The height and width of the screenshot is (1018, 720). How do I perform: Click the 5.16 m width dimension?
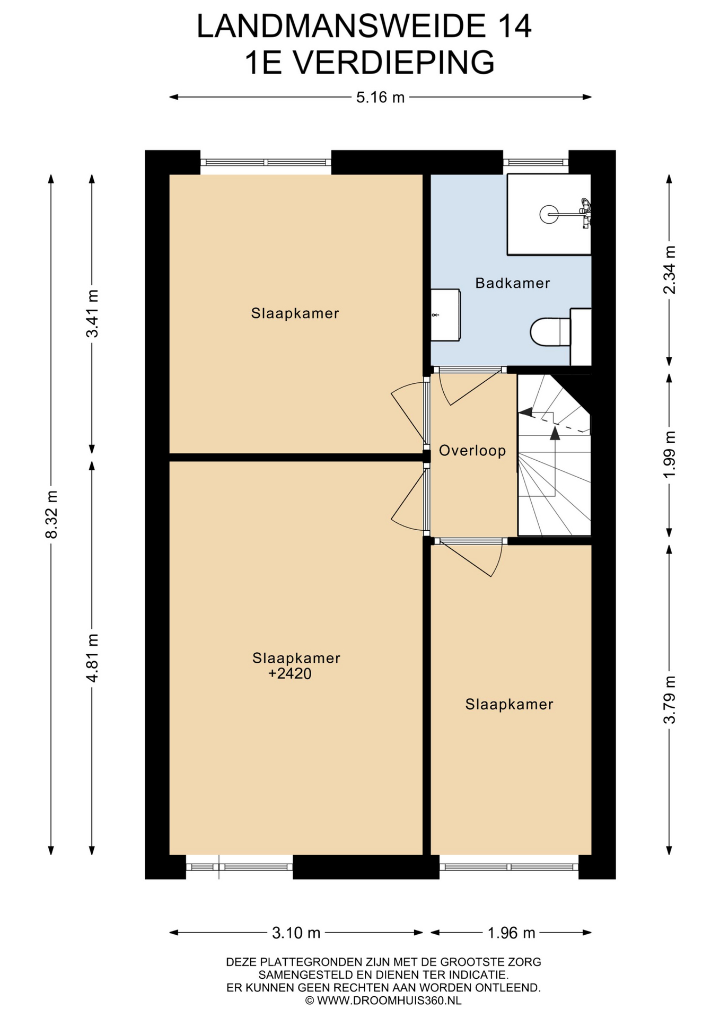click(x=380, y=98)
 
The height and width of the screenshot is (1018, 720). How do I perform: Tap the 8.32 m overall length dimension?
click(x=51, y=514)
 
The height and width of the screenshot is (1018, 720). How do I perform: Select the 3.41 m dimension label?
click(x=92, y=313)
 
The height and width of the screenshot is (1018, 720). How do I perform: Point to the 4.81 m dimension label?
click(x=92, y=658)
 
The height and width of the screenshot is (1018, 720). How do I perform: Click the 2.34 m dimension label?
click(x=670, y=270)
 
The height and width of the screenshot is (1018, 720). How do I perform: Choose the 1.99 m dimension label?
click(x=670, y=454)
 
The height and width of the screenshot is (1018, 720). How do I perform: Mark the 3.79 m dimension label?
click(x=670, y=700)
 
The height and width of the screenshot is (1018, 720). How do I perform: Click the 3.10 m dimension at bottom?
click(x=296, y=933)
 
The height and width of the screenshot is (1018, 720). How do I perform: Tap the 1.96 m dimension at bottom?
click(x=511, y=933)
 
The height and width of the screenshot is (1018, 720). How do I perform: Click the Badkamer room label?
click(x=512, y=283)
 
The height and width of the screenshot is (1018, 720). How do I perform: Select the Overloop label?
click(x=472, y=451)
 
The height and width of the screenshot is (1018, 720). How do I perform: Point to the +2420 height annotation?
click(x=289, y=674)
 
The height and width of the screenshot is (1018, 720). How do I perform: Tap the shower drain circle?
click(x=549, y=214)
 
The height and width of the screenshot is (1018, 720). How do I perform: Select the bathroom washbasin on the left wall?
click(x=445, y=315)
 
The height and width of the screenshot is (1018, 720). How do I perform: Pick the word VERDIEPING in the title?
click(x=394, y=62)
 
